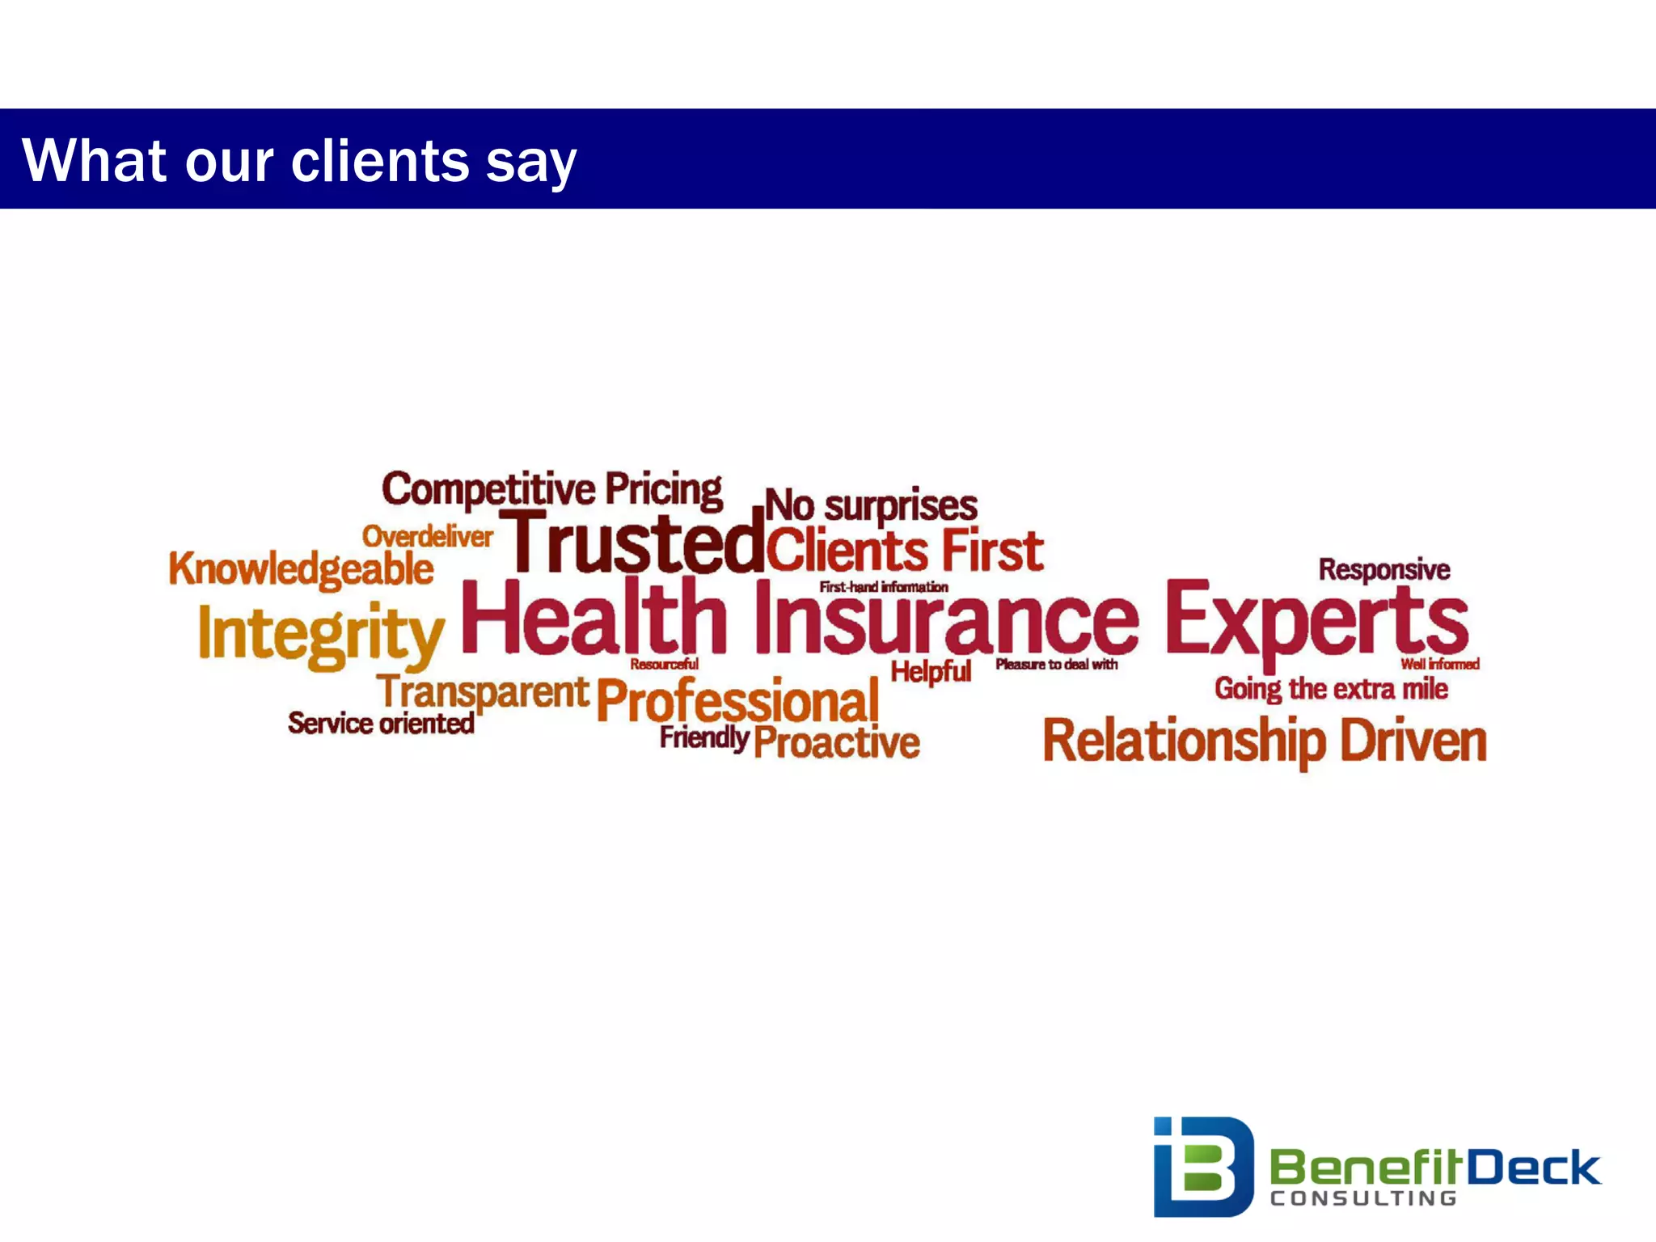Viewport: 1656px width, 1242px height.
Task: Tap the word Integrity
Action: click(321, 635)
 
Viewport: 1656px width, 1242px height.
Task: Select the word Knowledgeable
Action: click(301, 568)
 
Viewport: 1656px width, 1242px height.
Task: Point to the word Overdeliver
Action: click(427, 536)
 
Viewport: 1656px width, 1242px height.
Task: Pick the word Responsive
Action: click(1384, 569)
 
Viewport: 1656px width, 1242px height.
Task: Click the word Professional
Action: click(737, 700)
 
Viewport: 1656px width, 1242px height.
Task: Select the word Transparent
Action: click(483, 693)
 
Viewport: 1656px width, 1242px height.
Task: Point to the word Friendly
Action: click(703, 737)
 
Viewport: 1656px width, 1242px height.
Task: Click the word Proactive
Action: click(837, 742)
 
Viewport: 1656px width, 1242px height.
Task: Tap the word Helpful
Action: click(931, 671)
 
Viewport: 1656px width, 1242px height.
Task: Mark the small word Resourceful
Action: click(664, 664)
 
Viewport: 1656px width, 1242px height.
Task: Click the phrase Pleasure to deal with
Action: click(1056, 664)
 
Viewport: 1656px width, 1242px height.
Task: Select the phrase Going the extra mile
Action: click(1330, 689)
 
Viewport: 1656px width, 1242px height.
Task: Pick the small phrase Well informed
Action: click(1439, 664)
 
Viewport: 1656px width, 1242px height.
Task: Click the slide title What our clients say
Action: click(299, 160)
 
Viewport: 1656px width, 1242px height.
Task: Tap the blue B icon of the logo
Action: click(1202, 1166)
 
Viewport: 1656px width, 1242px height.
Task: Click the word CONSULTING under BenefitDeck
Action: click(1362, 1198)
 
